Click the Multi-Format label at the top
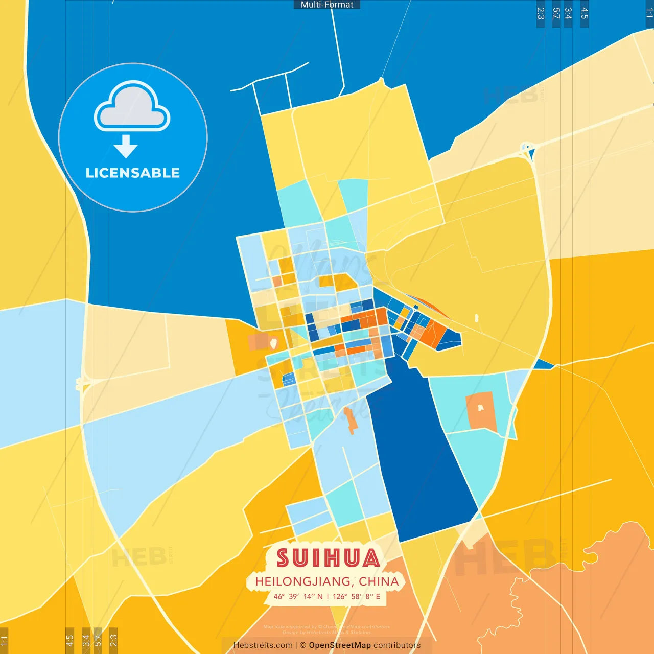(327, 5)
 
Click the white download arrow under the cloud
(126, 147)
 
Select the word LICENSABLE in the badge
(132, 173)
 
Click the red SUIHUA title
(328, 558)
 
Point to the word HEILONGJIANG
(302, 581)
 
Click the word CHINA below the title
(379, 581)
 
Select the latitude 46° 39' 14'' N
(298, 596)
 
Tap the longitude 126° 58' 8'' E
(357, 596)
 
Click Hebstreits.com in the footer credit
(263, 645)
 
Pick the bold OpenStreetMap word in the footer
(340, 645)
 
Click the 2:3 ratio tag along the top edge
(541, 13)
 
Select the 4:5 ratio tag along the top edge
(585, 13)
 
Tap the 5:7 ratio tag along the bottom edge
(98, 640)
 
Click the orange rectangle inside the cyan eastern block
(481, 411)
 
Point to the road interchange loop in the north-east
(527, 149)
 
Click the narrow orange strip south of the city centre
(350, 421)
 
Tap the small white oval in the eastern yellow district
(477, 318)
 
